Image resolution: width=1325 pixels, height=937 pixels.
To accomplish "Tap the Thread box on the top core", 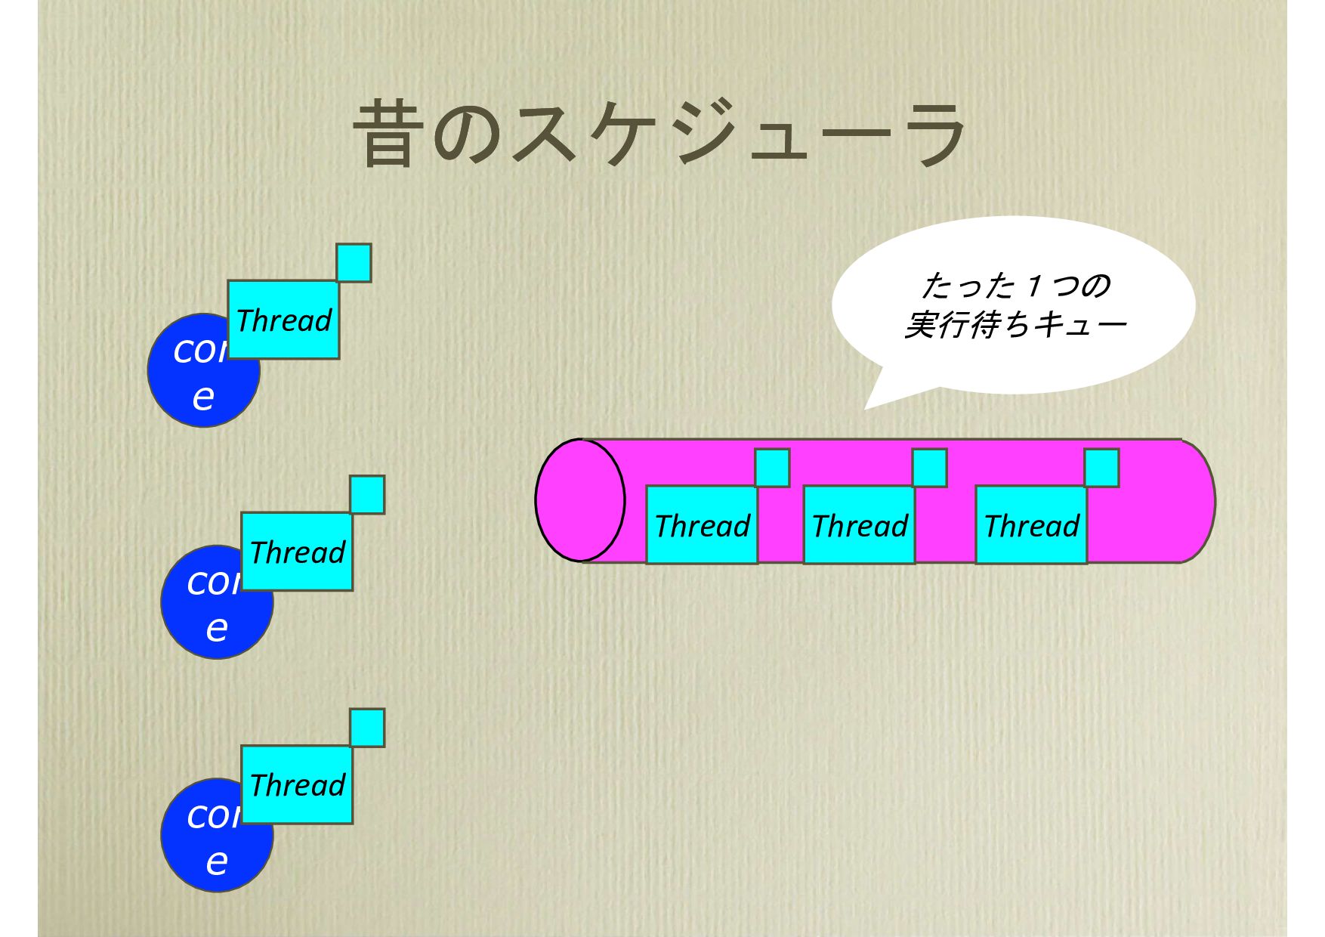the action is (x=283, y=320).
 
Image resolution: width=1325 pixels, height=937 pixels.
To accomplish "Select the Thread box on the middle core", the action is (x=297, y=552).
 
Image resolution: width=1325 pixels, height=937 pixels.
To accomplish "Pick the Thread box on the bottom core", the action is (x=297, y=784).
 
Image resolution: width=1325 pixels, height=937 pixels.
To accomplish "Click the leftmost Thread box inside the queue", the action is (x=702, y=524).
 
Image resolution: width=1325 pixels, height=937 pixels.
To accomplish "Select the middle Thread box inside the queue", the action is (x=859, y=524).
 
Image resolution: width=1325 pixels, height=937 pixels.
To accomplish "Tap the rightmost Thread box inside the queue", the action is (x=1031, y=524).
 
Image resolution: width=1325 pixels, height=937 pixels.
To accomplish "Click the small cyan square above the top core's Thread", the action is (x=354, y=262).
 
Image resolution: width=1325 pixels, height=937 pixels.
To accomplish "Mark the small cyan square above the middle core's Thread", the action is (x=367, y=494).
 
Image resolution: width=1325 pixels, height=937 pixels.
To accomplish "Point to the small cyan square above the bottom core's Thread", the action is (x=367, y=727).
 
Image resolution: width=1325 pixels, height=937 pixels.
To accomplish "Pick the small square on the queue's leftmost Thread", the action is (x=772, y=467).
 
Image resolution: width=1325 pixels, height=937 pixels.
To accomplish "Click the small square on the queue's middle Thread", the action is (x=929, y=467).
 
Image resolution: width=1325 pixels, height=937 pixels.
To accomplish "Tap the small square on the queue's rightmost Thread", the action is (x=1101, y=467).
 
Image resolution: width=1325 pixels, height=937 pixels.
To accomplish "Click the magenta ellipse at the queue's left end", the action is (x=580, y=500).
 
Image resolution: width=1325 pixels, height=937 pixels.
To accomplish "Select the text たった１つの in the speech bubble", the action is (x=1015, y=286).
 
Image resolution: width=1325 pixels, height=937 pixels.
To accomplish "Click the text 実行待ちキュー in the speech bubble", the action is (x=1015, y=325).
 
